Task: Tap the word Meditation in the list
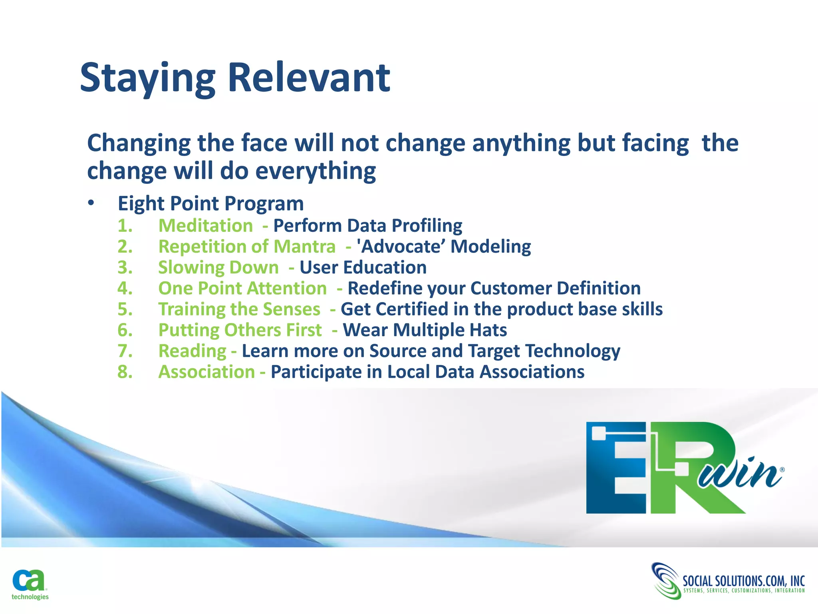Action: coord(206,226)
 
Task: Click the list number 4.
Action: coord(125,288)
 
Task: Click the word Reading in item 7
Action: coord(193,351)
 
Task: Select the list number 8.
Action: coord(125,372)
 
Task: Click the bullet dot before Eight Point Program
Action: coord(91,203)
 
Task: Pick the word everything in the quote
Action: coord(316,171)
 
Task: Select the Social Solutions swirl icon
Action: coord(665,580)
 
